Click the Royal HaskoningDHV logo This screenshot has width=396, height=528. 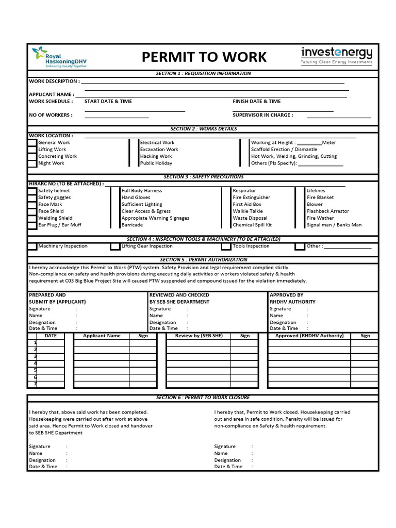[x=59, y=57]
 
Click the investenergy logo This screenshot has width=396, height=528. [x=336, y=56]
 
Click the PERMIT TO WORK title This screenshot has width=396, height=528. [x=204, y=57]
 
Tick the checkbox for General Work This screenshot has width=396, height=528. [x=32, y=143]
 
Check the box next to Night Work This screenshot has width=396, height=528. [x=32, y=163]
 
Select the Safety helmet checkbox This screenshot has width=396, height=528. [x=32, y=191]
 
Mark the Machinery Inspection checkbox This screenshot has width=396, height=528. [x=32, y=246]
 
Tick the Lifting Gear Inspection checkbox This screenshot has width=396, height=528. [x=115, y=246]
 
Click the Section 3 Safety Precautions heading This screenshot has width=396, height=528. [x=203, y=177]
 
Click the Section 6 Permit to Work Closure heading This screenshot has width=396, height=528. [x=203, y=398]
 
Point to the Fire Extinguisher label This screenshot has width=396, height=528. [x=251, y=197]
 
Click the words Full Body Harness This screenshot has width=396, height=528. [x=141, y=191]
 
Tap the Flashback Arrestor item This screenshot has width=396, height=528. [x=327, y=211]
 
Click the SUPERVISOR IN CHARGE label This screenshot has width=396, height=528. [x=262, y=115]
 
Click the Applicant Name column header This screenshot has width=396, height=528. [x=102, y=336]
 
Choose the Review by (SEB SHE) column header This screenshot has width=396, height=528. [x=199, y=336]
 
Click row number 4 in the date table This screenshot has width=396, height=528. [x=35, y=364]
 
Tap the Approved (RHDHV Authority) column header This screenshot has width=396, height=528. [x=309, y=336]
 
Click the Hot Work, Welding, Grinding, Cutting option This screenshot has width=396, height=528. [x=293, y=156]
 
